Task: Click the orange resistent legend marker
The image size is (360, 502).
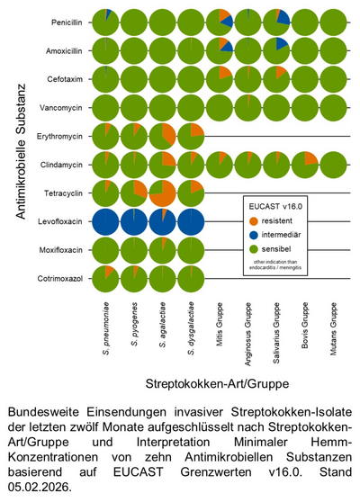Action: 256,220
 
